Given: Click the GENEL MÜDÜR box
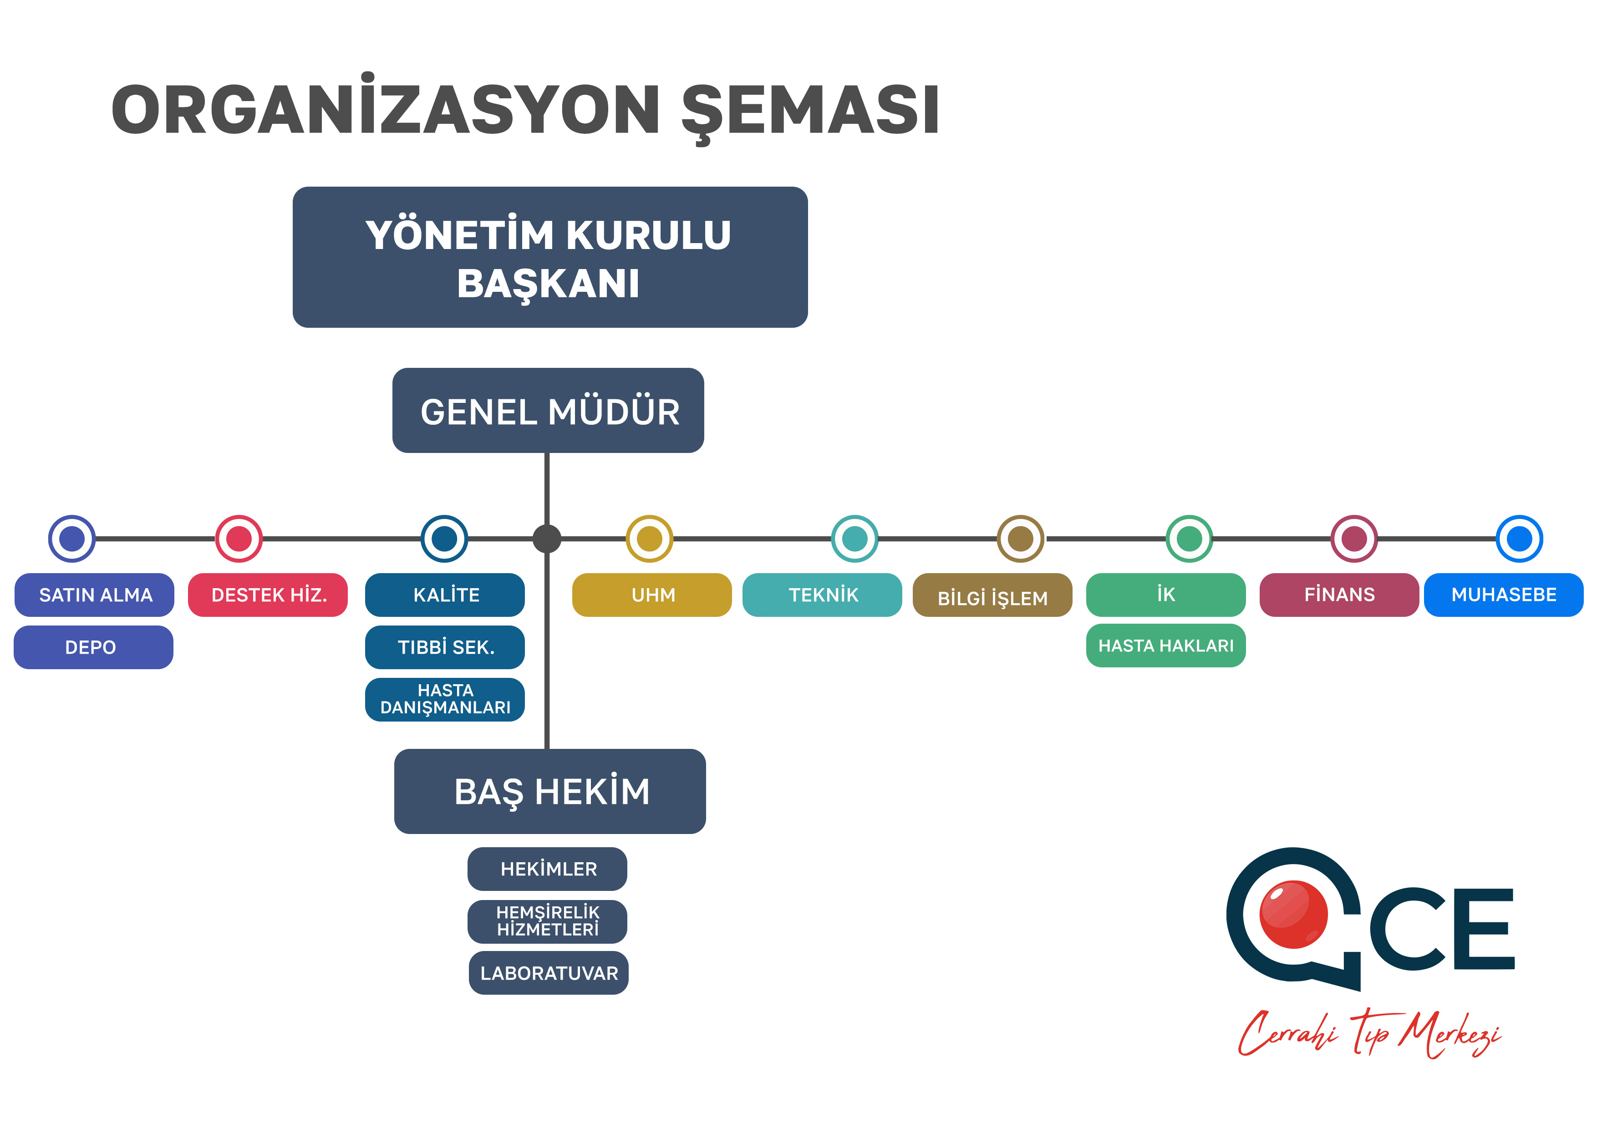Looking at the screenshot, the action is (548, 411).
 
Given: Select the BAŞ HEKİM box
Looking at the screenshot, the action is (549, 791).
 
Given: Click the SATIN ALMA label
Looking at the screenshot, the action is (95, 595).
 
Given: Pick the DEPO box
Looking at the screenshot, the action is (93, 647).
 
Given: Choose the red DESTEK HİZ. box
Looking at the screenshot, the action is (268, 595).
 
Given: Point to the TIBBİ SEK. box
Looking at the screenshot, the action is (445, 647).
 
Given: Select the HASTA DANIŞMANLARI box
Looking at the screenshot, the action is (445, 699).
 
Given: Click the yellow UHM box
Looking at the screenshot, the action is (652, 595).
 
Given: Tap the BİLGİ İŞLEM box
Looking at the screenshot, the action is (992, 595).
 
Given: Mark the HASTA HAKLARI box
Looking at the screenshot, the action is (1166, 646).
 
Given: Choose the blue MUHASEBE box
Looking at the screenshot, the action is (1504, 595).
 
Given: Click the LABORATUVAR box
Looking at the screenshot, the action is (549, 972).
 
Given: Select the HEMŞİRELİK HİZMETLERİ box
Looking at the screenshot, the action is (547, 921).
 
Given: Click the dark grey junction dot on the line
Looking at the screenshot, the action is (547, 539).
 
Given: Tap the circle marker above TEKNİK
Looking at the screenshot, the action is (855, 539).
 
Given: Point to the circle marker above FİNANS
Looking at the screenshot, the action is (1354, 539).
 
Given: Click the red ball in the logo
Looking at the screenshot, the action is (1294, 914).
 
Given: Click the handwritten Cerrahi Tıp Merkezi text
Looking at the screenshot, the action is (1369, 1033).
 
